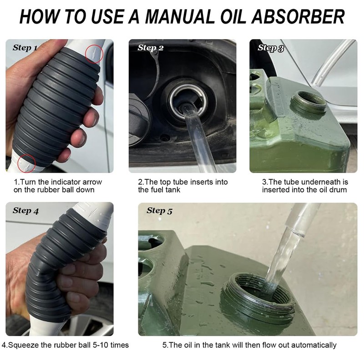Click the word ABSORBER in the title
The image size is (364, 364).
(x=298, y=17)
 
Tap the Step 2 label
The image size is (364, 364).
(x=151, y=48)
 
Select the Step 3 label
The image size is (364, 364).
(x=271, y=48)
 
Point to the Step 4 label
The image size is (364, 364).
(x=26, y=211)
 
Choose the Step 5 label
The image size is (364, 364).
(x=160, y=211)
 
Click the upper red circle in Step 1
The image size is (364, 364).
(x=94, y=54)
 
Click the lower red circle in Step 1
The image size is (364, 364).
(x=26, y=163)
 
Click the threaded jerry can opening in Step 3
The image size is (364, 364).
(x=309, y=102)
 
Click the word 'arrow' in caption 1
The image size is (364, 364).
(x=92, y=182)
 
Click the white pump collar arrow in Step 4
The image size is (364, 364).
(x=94, y=212)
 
